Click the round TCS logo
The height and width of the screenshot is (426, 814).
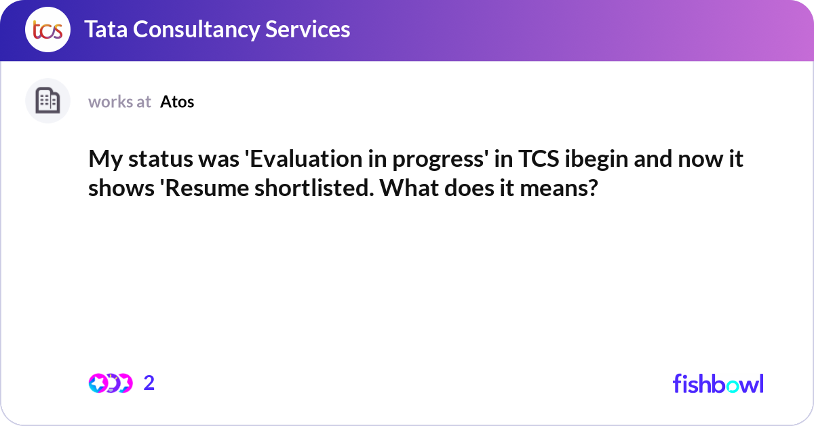click(x=47, y=30)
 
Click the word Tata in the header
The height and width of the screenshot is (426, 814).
click(x=107, y=29)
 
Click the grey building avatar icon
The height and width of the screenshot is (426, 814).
click(x=47, y=100)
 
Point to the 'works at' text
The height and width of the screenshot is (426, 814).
click(x=119, y=102)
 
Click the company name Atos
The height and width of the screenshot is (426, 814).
click(x=177, y=102)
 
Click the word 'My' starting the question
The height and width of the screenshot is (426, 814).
click(x=103, y=160)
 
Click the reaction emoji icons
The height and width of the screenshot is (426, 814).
click(x=110, y=383)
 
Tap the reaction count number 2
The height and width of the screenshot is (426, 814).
click(x=149, y=383)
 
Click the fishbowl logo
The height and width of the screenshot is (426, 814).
click(x=718, y=383)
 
